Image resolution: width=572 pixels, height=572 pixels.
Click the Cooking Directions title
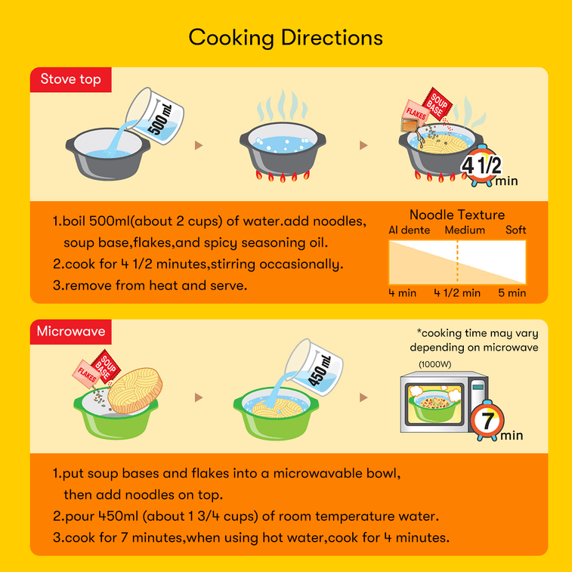286,38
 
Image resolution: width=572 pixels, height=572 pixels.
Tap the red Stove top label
71,79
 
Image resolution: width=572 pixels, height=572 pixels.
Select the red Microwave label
71,332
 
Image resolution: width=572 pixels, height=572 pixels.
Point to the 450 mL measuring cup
314,367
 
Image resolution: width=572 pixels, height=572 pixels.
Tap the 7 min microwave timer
487,420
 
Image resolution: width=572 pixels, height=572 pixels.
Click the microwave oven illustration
444,402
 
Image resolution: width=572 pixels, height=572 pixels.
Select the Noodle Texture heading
457,215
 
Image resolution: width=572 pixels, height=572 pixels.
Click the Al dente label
409,230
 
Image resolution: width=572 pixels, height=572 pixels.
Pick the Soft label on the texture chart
515,230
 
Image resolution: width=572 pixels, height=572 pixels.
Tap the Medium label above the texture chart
465,230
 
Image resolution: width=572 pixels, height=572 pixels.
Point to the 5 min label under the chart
512,293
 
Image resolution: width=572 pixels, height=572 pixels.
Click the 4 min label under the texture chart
403,293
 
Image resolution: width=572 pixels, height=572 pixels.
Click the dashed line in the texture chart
457,262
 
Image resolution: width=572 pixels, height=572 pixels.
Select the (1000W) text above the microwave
434,364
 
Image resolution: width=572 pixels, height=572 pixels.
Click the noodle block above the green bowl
135,391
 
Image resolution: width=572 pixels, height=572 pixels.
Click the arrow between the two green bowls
199,397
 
